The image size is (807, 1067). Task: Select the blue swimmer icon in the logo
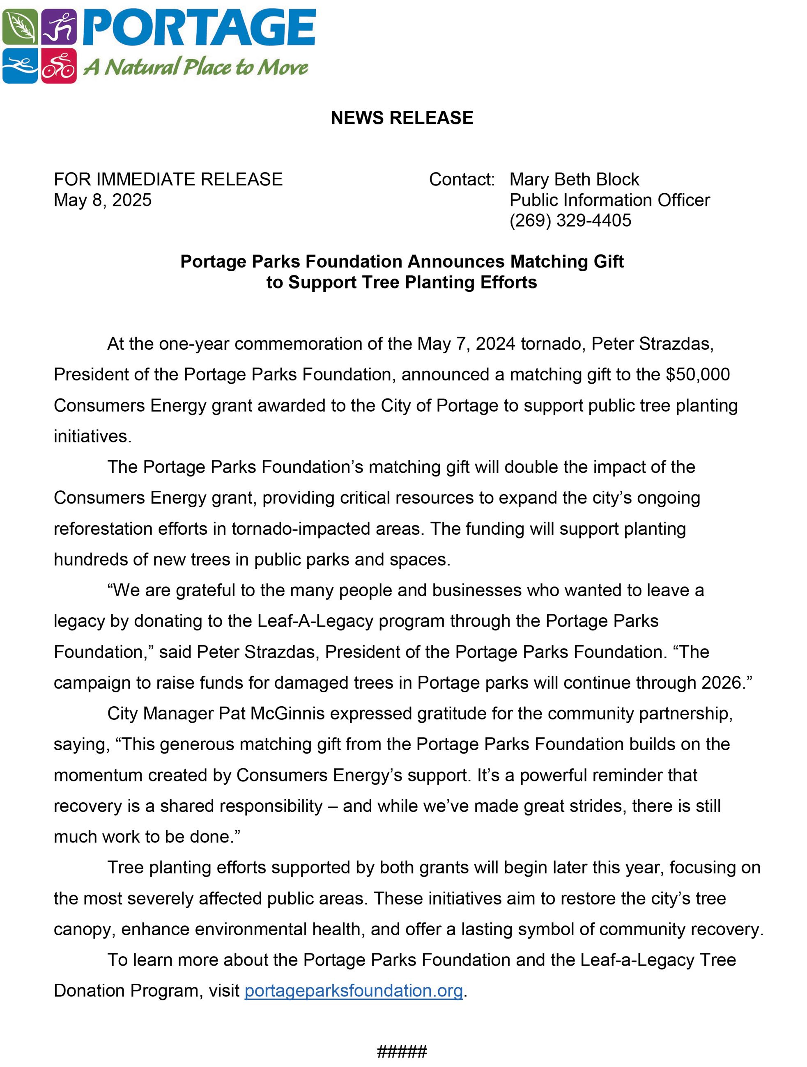click(20, 66)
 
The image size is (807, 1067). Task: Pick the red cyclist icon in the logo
click(59, 66)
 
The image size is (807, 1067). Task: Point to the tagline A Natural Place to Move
click(196, 67)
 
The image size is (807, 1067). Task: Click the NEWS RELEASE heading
click(402, 118)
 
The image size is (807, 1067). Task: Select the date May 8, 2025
click(103, 200)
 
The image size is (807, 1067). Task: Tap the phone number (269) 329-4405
click(570, 221)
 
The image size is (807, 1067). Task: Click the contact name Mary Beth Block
click(574, 179)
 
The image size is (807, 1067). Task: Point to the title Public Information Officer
click(609, 200)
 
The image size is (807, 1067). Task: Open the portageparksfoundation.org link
click(353, 991)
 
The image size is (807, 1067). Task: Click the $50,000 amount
click(697, 375)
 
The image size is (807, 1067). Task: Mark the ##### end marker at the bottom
click(402, 1051)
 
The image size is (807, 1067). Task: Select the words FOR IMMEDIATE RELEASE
click(168, 179)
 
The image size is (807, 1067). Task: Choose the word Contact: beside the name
click(462, 179)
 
